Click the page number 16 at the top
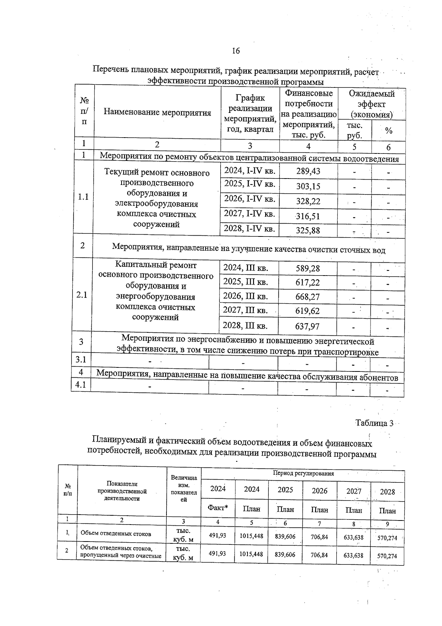coord(236,51)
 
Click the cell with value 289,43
coord(308,171)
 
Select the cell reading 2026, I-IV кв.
coord(250,199)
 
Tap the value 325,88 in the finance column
coord(308,231)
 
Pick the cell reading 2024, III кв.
coord(246,268)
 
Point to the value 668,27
coord(308,297)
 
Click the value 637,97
coord(308,326)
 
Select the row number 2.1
coord(81,295)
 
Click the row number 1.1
coord(83,197)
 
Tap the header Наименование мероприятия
coord(157,113)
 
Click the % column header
coord(388,131)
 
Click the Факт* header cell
coord(218,508)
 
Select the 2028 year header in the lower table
coord(387,492)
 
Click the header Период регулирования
coord(303,474)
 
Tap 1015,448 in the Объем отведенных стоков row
coord(251,536)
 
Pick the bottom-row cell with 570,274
coord(387,556)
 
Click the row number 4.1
coord(81,385)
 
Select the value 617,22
coord(308,283)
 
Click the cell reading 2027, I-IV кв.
coord(250,214)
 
